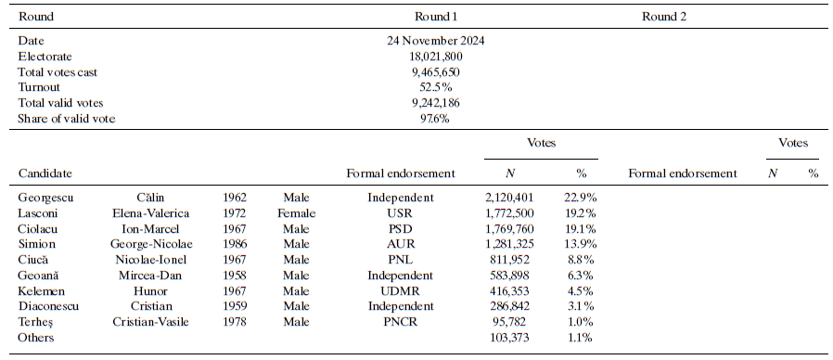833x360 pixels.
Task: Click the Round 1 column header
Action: pyautogui.click(x=436, y=17)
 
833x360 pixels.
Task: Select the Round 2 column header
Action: pyautogui.click(x=664, y=17)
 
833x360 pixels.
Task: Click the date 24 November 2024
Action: pyautogui.click(x=436, y=41)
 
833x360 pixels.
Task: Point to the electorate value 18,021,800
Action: pyautogui.click(x=436, y=57)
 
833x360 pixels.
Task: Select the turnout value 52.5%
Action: pyautogui.click(x=436, y=87)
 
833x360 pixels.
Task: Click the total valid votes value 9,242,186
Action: pyautogui.click(x=436, y=103)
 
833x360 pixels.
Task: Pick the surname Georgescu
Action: pyautogui.click(x=46, y=198)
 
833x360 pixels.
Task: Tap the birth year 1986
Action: pyautogui.click(x=234, y=244)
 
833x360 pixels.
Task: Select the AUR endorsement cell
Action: pyautogui.click(x=400, y=244)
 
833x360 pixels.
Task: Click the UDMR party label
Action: pyautogui.click(x=400, y=290)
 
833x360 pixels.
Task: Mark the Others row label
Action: pyautogui.click(x=36, y=338)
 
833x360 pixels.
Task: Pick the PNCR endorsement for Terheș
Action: pyautogui.click(x=400, y=322)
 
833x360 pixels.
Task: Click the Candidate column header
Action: pyautogui.click(x=45, y=174)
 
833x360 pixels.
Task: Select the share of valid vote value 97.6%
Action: pyautogui.click(x=436, y=119)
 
